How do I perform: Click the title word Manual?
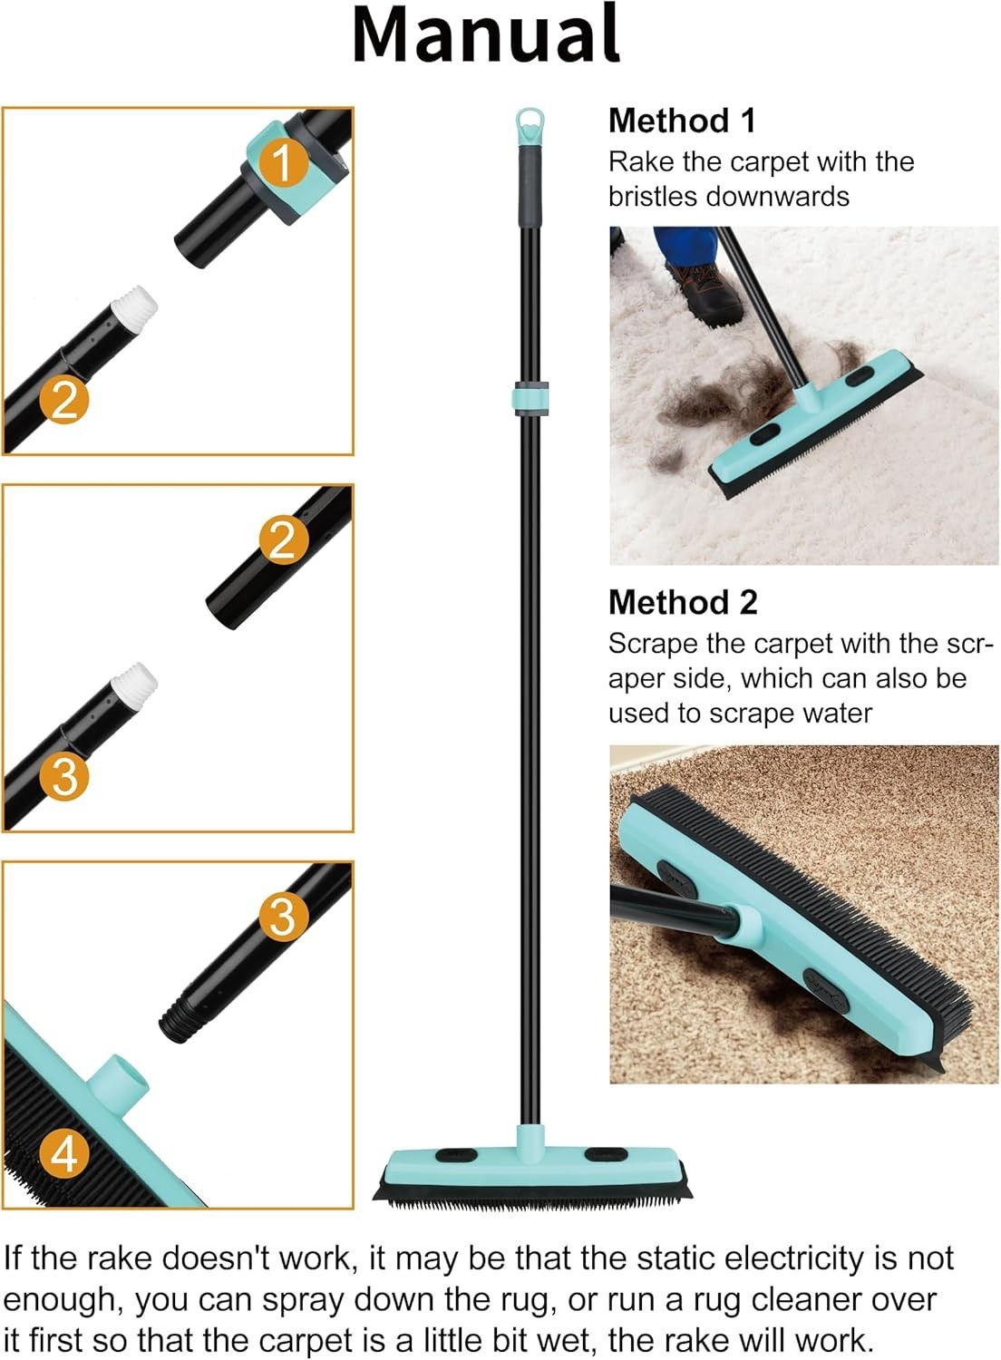[x=486, y=34]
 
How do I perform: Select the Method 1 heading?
[x=683, y=121]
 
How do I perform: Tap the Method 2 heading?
[x=683, y=602]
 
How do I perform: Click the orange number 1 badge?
[x=284, y=161]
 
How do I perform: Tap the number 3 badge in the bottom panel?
[x=284, y=917]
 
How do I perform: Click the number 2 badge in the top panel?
[x=64, y=400]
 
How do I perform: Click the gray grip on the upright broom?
[x=530, y=187]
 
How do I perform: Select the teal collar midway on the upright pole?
[x=530, y=399]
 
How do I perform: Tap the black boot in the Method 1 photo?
[x=705, y=292]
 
